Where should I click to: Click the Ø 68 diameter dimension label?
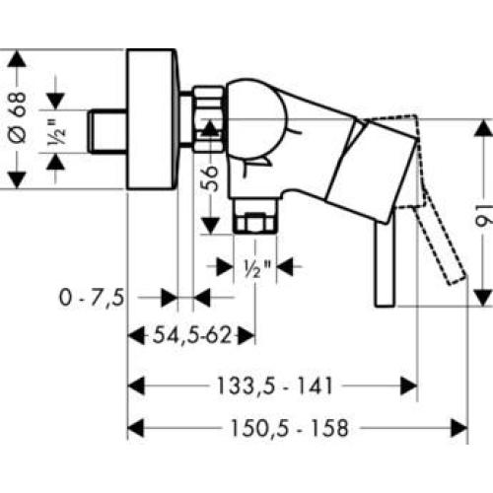point(18,117)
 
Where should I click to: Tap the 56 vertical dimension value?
point(210,178)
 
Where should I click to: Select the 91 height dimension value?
point(484,215)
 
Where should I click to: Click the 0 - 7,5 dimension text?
point(92,298)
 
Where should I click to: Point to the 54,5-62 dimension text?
point(192,335)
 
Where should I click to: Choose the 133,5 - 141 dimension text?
point(275,386)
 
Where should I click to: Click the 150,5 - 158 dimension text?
point(289,428)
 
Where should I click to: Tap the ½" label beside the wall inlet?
point(56,131)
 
